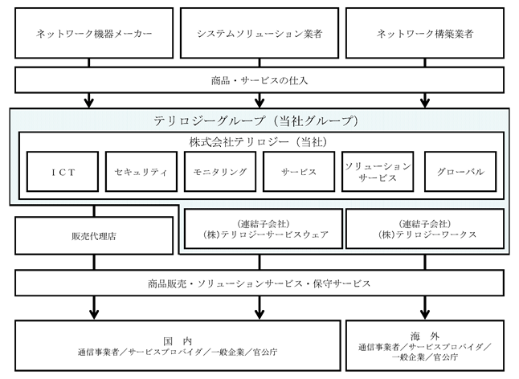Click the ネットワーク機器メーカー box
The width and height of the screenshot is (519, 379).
pos(94,33)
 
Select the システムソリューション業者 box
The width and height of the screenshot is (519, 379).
pos(259,33)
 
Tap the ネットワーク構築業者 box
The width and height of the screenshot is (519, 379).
pos(425,33)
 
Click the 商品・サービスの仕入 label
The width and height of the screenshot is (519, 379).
pos(259,80)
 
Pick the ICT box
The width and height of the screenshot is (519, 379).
pos(63,172)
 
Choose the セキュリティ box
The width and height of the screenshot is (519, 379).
pos(141,172)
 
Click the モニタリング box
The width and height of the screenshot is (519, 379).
pos(220,172)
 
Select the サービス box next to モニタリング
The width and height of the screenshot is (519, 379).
pos(299,172)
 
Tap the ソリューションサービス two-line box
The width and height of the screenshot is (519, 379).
pos(378,172)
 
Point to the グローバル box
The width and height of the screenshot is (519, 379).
pos(460,172)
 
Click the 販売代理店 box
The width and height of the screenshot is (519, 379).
pos(94,236)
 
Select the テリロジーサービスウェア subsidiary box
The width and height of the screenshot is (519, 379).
pos(264,229)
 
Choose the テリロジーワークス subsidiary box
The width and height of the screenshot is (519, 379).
pos(425,229)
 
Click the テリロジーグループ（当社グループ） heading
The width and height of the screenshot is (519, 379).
pos(256,120)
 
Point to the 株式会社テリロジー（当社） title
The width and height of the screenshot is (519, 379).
pos(258,142)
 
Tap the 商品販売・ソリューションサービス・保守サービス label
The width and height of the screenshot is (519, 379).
pos(259,283)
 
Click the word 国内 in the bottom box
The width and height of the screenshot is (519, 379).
pos(178,341)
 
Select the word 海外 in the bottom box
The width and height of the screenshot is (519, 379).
pos(425,336)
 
